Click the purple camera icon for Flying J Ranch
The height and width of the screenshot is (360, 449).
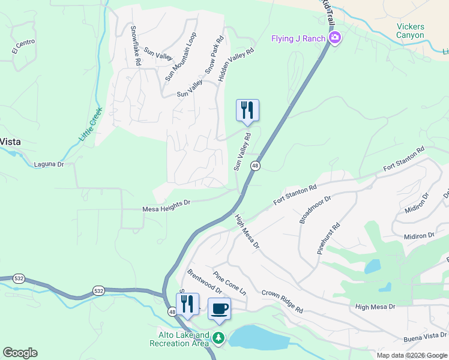[335, 39]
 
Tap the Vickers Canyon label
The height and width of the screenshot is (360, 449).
[410, 31]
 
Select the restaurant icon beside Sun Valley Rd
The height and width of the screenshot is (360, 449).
[247, 110]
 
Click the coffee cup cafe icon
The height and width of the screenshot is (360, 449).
[219, 309]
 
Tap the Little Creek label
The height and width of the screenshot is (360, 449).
[91, 124]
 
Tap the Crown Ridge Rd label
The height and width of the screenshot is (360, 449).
[282, 302]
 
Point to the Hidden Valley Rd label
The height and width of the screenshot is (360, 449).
[237, 65]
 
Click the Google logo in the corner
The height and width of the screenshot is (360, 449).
[20, 352]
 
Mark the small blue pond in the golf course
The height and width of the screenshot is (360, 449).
[372, 266]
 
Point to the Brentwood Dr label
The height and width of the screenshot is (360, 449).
[204, 281]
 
